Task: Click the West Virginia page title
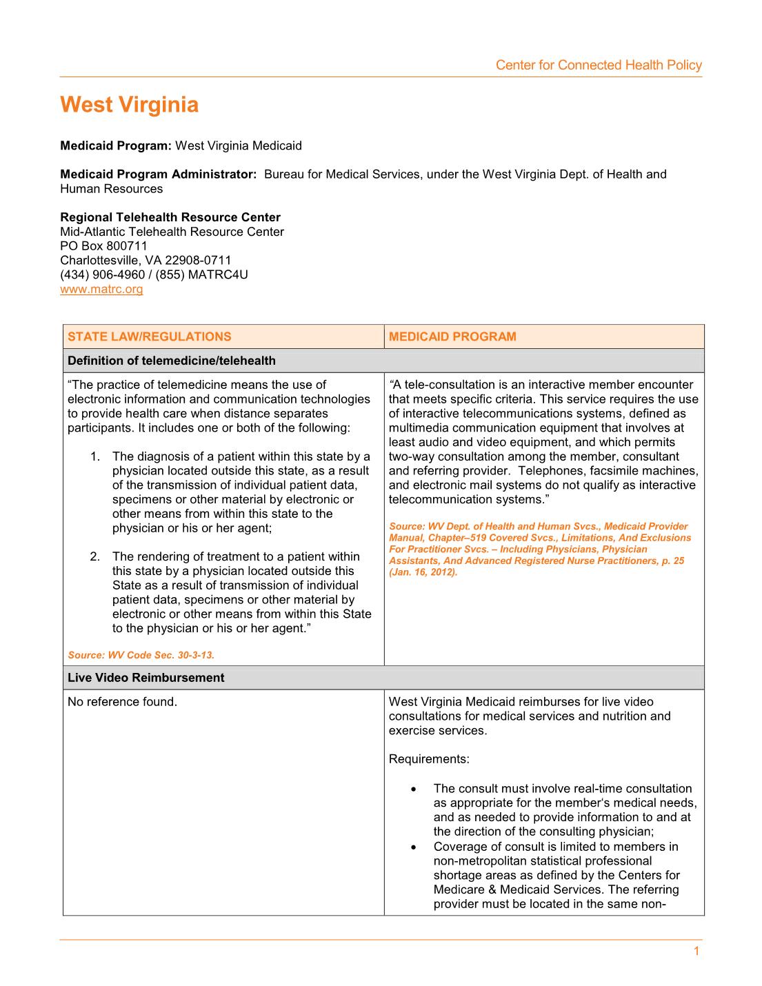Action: pos(129,105)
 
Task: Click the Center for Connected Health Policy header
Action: pos(598,65)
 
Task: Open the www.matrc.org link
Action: pos(101,289)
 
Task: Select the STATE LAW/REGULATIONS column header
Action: pos(149,336)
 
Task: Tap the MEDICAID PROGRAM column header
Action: pos(452,336)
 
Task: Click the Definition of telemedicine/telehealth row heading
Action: pos(171,361)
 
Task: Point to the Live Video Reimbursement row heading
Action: pos(146,678)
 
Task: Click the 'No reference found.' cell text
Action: pos(122,702)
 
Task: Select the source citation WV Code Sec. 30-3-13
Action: pos(141,655)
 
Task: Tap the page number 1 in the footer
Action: pos(696,952)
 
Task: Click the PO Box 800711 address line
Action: pos(103,246)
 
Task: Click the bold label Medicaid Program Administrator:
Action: pos(158,174)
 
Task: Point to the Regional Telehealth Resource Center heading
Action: pos(170,217)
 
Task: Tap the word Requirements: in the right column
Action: pos(429,759)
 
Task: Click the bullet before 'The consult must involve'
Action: pos(413,789)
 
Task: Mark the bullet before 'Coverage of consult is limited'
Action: pos(413,847)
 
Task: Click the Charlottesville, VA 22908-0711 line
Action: pos(146,260)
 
